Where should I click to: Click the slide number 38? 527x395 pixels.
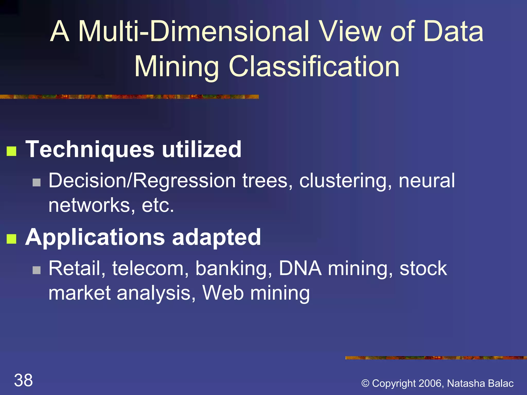tap(23, 380)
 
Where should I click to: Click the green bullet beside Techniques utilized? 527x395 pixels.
tap(12, 151)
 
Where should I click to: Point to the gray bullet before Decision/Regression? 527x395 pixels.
tap(37, 183)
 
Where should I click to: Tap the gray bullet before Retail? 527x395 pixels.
tap(37, 270)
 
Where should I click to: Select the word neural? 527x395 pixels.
tap(427, 181)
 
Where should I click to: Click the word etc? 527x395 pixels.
tap(158, 205)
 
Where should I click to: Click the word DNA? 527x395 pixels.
tap(300, 268)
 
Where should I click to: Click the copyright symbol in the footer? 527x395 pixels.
tap(365, 383)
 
